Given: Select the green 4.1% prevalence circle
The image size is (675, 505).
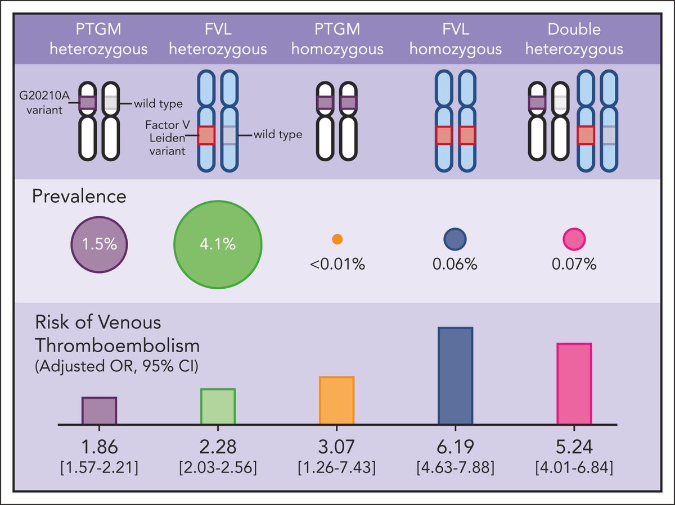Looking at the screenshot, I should (x=218, y=244).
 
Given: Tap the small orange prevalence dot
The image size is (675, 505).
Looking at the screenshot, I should (x=337, y=239).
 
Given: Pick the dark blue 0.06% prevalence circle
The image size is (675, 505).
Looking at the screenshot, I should (x=455, y=239).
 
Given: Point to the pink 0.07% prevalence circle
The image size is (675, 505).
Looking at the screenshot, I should (x=574, y=239).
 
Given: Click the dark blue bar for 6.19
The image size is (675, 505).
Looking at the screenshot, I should (x=455, y=375).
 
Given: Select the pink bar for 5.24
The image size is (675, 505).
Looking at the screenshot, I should (x=574, y=383).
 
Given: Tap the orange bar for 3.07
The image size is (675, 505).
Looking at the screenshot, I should (x=336, y=399).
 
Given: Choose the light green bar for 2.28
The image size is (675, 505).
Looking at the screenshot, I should (x=218, y=406).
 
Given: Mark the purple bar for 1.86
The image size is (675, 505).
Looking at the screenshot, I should (x=99, y=410).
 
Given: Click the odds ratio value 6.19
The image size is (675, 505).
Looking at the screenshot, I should (x=455, y=447).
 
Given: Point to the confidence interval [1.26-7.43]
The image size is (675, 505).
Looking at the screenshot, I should (x=336, y=467).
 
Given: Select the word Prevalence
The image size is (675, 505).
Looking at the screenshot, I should (x=79, y=197).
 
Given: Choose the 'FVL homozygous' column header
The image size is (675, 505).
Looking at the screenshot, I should (x=455, y=39).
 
